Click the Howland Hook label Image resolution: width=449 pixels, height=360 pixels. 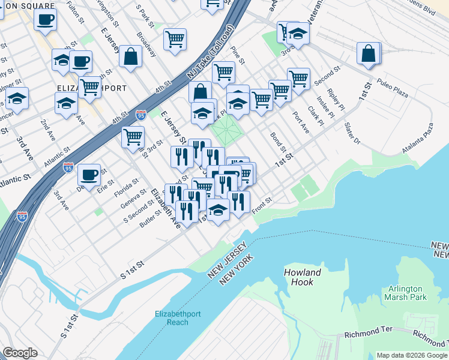(303, 277)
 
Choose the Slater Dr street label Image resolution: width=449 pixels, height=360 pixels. (352, 134)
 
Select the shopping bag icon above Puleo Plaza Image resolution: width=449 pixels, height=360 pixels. (369, 53)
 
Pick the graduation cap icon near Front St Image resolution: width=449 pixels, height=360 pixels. (218, 210)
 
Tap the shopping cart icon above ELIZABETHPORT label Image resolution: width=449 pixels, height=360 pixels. (89, 86)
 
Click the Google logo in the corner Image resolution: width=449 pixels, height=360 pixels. (19, 353)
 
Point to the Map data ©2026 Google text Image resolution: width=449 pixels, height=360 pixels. (412, 355)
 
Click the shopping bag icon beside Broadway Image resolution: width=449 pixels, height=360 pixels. (130, 56)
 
